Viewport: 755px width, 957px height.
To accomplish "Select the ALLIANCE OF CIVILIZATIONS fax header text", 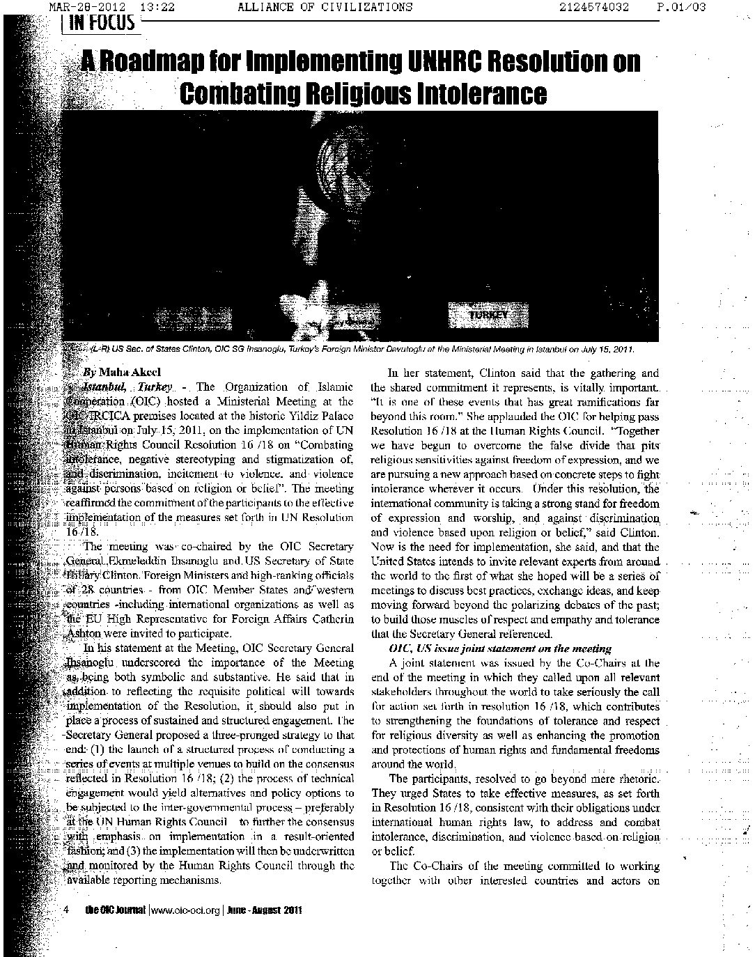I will point(325,7).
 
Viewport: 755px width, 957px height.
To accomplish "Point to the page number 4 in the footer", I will point(65,910).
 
